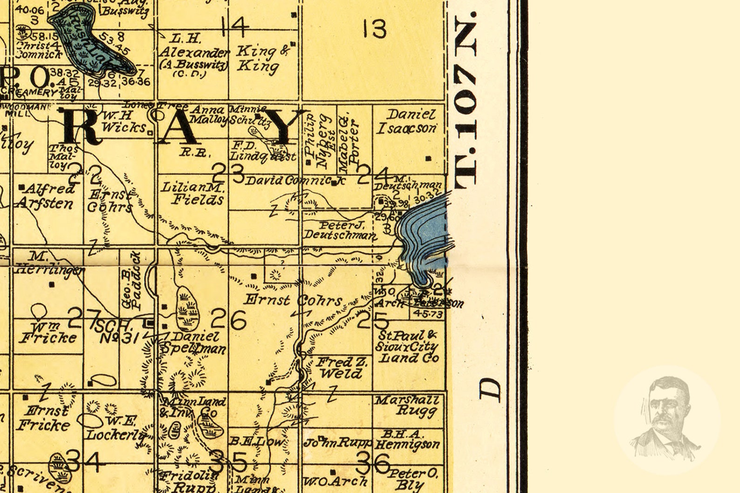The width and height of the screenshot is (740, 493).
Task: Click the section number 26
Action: coord(228,320)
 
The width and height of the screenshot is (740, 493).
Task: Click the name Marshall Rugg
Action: coord(407,405)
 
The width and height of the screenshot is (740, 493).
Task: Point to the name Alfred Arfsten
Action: coord(46,196)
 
